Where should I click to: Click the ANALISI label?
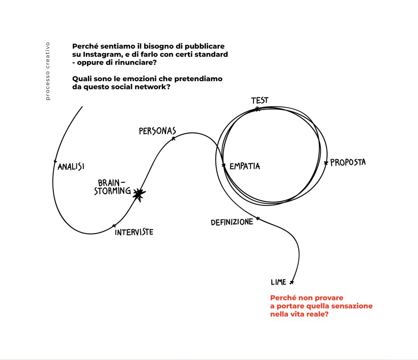click(x=71, y=167)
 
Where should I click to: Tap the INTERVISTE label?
click(x=134, y=232)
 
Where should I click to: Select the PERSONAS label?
click(x=157, y=131)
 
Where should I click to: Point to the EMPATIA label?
click(x=245, y=166)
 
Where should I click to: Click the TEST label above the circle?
click(x=259, y=101)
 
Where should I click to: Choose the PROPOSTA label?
click(x=348, y=162)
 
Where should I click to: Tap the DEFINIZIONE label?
click(x=232, y=222)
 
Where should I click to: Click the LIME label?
click(x=278, y=282)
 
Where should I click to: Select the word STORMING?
click(x=113, y=191)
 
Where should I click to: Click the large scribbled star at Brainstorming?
click(x=138, y=195)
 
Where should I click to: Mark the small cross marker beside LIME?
click(x=291, y=282)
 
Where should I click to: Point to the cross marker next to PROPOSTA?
click(x=326, y=163)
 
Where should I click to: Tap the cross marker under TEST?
click(x=257, y=109)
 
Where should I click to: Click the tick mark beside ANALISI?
click(x=55, y=161)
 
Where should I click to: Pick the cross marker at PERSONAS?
click(x=173, y=138)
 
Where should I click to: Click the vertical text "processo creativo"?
click(x=48, y=71)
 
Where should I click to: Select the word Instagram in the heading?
click(x=99, y=55)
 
